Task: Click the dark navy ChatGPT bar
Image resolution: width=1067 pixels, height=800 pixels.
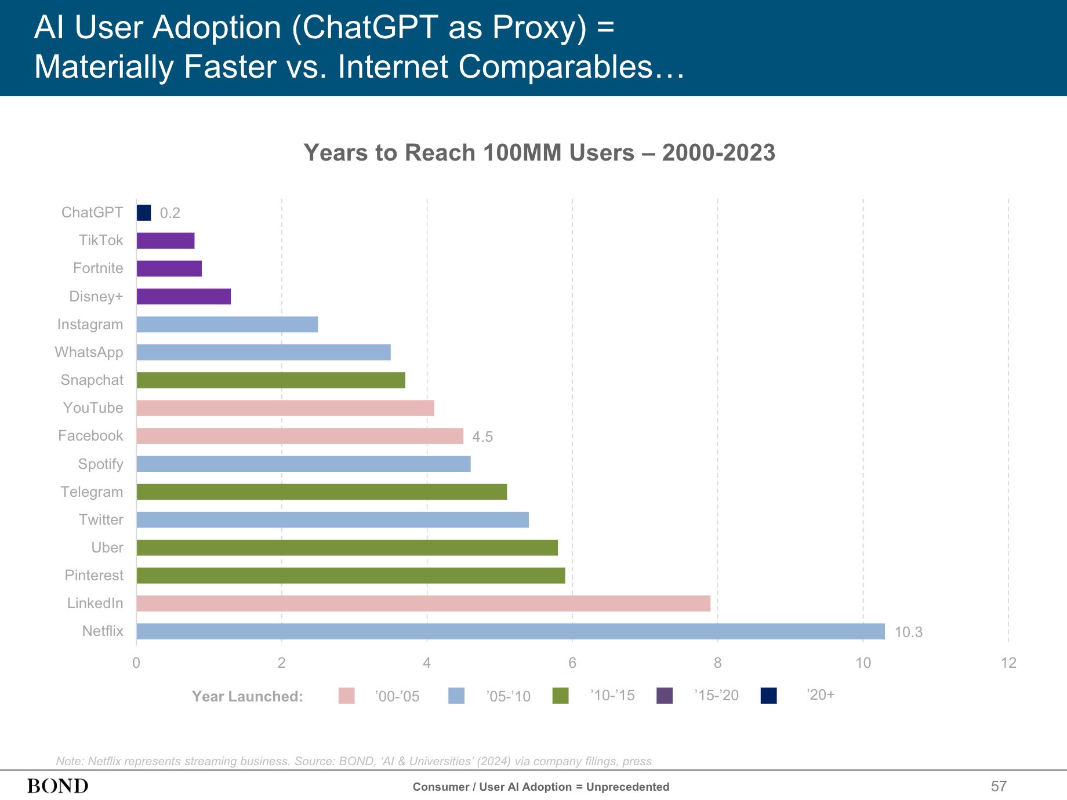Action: pyautogui.click(x=144, y=213)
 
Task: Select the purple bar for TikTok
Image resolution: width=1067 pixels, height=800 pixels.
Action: pyautogui.click(x=165, y=241)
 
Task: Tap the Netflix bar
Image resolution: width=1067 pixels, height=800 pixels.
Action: pyautogui.click(x=510, y=631)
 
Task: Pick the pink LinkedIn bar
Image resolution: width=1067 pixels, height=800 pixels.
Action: pyautogui.click(x=423, y=603)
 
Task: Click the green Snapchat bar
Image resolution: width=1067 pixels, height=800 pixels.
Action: pyautogui.click(x=271, y=380)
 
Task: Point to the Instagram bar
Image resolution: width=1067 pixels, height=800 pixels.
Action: pyautogui.click(x=227, y=325)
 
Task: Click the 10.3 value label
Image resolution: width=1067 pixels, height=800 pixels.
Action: pyautogui.click(x=908, y=632)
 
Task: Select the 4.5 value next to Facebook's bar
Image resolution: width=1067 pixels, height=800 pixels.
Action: pyautogui.click(x=482, y=437)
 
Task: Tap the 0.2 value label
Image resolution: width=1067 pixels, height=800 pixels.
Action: pyautogui.click(x=170, y=213)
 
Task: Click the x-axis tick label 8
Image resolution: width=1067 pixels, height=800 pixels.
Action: pyautogui.click(x=717, y=663)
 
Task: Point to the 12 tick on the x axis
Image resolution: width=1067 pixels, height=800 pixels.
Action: pyautogui.click(x=1008, y=663)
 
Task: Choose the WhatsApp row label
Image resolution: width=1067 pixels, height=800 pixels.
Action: pyautogui.click(x=89, y=352)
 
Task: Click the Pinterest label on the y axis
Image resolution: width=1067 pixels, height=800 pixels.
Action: pyautogui.click(x=94, y=576)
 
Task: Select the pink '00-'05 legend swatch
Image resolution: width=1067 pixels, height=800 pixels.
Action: pyautogui.click(x=347, y=696)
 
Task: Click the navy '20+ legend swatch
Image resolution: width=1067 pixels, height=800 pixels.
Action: pyautogui.click(x=768, y=696)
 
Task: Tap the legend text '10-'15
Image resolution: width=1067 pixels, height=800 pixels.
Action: pyautogui.click(x=612, y=696)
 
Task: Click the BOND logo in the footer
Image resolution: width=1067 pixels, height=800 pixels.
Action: pyautogui.click(x=58, y=786)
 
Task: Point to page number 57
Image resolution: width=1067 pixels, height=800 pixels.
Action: pyautogui.click(x=999, y=786)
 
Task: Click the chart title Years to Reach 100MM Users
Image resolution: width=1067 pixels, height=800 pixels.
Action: pyautogui.click(x=539, y=152)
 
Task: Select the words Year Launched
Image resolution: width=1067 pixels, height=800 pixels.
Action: pyautogui.click(x=248, y=696)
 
